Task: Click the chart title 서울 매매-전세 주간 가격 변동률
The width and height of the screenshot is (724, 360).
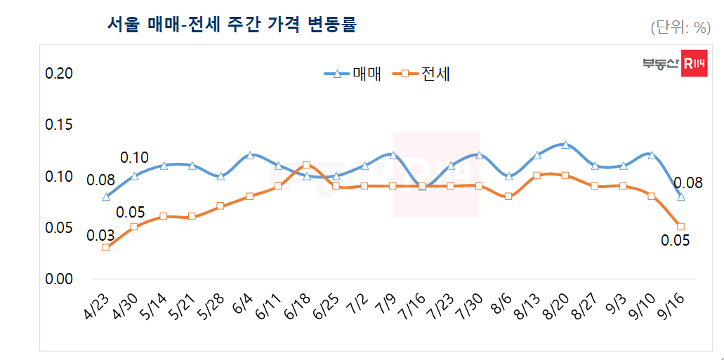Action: point(232,25)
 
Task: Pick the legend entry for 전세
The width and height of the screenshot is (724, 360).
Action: point(424,74)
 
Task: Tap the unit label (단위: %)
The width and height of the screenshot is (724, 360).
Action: point(680,27)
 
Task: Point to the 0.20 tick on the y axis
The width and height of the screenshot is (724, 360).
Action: point(59,74)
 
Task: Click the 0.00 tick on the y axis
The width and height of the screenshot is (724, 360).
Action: point(59,279)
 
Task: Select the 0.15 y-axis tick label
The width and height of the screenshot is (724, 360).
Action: point(59,125)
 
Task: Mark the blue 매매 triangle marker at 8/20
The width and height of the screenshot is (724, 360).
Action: point(565,145)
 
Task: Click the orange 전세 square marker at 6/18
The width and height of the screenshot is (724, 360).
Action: point(307,166)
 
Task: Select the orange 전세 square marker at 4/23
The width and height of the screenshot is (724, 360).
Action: point(105,247)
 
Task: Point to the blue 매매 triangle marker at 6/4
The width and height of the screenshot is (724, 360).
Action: point(249,155)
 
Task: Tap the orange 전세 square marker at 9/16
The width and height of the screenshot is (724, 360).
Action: point(680,226)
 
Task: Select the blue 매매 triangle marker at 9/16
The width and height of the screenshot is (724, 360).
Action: point(680,196)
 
